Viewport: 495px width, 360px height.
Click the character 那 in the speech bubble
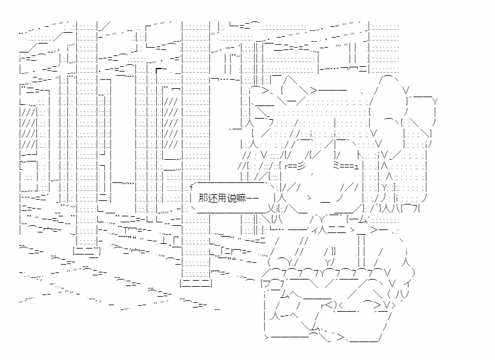click(x=204, y=198)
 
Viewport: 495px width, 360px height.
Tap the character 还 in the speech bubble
click(x=214, y=198)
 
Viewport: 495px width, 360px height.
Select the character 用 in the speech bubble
click(x=223, y=198)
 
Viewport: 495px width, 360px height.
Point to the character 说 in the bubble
click(x=233, y=198)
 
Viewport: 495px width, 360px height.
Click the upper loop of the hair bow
click(x=386, y=89)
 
